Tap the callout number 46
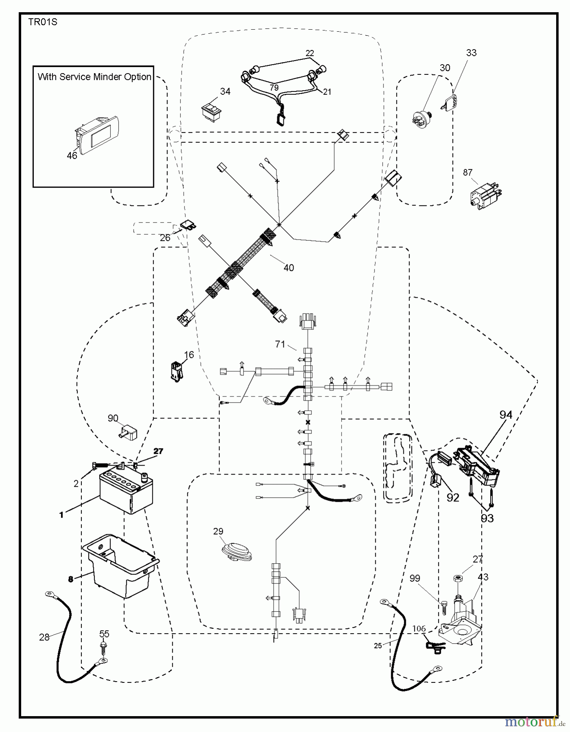[x=72, y=155]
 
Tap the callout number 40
[x=288, y=268]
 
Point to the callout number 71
[x=280, y=344]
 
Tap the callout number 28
[x=44, y=637]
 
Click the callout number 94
[x=506, y=415]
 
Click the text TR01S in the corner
[x=43, y=22]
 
